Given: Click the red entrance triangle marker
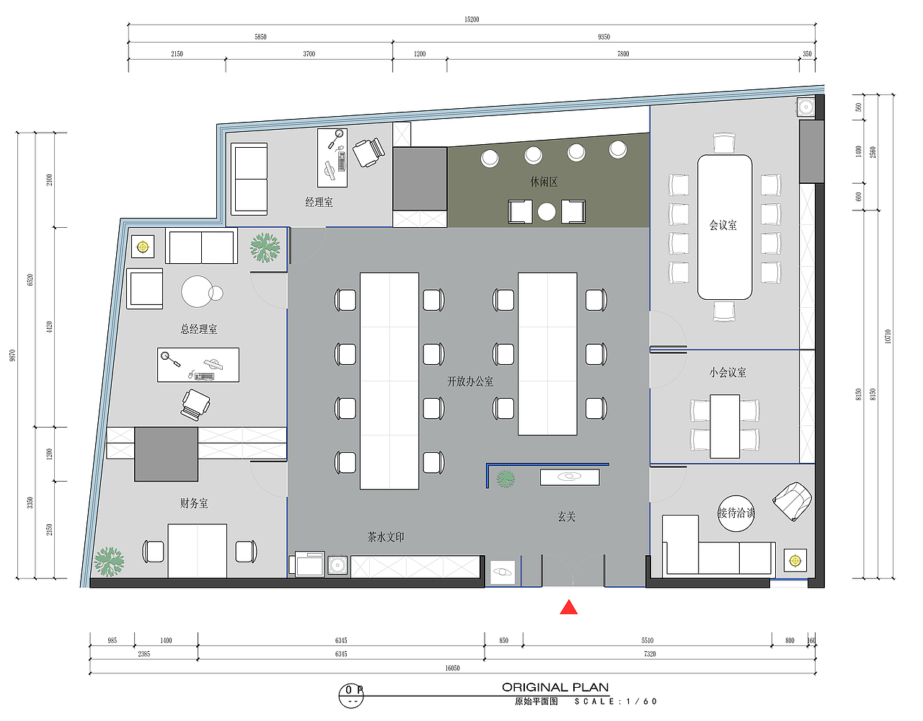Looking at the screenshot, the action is click(x=568, y=608).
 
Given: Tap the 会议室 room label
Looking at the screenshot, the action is click(x=723, y=225).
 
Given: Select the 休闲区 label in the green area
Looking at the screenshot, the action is click(x=544, y=182).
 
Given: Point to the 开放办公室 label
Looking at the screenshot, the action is click(x=469, y=381).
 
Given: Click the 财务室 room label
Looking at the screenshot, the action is click(x=194, y=503).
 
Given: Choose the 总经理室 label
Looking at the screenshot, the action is click(x=198, y=329).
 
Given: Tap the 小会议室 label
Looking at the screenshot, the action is click(x=727, y=372).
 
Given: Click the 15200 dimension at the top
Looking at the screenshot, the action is click(x=472, y=19).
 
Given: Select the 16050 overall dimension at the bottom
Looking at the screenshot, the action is click(x=452, y=668).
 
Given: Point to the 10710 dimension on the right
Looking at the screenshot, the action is click(x=888, y=336).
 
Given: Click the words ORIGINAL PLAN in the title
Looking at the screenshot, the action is click(x=555, y=687).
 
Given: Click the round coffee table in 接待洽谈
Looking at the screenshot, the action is click(x=736, y=513).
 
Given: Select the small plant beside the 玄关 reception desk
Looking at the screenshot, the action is click(x=505, y=479).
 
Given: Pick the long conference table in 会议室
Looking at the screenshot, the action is click(x=725, y=227).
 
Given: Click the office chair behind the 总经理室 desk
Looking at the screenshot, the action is click(x=195, y=404).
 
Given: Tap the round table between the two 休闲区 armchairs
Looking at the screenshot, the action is click(x=547, y=212).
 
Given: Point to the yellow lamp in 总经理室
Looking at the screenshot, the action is click(x=143, y=247).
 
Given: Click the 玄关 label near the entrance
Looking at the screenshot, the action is click(x=566, y=517).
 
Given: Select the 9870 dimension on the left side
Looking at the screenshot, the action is click(x=12, y=355).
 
